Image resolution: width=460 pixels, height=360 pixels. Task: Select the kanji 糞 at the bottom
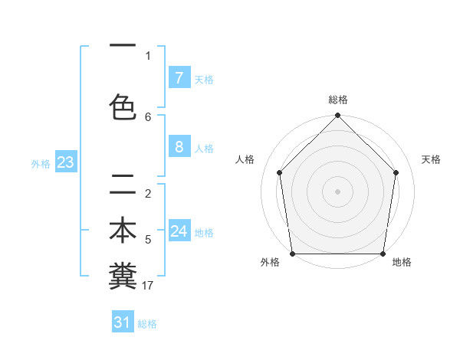[123, 276]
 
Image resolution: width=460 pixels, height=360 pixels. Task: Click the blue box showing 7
[179, 78]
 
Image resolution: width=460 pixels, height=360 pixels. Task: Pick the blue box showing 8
[179, 147]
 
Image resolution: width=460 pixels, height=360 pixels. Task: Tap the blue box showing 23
[65, 162]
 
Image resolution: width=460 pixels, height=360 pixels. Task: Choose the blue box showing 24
[179, 231]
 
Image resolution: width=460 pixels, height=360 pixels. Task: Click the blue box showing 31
[123, 322]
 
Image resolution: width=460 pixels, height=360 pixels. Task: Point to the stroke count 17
[148, 286]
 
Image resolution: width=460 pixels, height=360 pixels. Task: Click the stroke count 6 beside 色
[148, 116]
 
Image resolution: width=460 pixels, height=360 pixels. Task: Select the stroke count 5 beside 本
[148, 240]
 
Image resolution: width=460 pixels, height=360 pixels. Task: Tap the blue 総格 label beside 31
[147, 324]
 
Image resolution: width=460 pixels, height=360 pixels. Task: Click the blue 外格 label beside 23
[41, 163]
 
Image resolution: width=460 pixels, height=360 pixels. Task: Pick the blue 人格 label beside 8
[204, 148]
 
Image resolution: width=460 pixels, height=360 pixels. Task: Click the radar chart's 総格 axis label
[338, 100]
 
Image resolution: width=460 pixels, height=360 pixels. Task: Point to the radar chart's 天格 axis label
[432, 159]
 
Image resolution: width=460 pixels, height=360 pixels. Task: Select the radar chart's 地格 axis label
[402, 263]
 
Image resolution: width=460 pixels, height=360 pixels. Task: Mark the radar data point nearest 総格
[337, 116]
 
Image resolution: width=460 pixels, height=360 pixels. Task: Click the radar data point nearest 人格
[280, 172]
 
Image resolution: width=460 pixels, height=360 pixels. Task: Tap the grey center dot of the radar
[337, 191]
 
